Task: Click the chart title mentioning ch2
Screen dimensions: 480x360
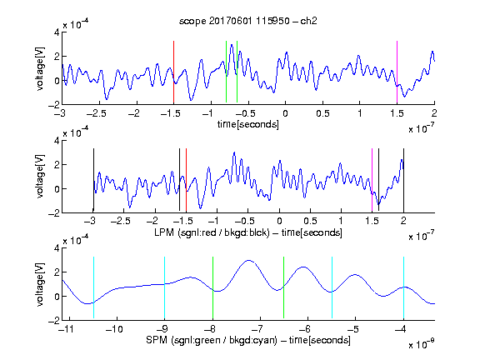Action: point(247,21)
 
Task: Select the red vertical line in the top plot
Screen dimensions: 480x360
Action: point(173,72)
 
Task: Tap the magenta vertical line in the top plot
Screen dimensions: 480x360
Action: point(397,72)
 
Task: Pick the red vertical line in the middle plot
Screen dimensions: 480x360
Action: point(186,180)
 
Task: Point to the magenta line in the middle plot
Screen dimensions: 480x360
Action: point(372,180)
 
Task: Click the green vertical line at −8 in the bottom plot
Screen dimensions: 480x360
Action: point(212,287)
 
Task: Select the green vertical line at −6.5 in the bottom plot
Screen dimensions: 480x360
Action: point(284,287)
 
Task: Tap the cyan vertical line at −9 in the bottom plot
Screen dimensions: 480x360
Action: point(165,287)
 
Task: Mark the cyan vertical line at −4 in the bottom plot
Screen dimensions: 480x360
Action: point(404,287)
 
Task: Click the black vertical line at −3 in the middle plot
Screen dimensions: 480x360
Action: point(93,180)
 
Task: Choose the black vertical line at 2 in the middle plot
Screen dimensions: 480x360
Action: point(404,180)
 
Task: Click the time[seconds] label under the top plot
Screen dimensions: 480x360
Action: point(248,124)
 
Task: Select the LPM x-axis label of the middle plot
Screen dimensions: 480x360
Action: point(248,232)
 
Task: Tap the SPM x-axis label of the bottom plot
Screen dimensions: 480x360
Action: point(248,340)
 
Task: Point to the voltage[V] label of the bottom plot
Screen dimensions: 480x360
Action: point(40,284)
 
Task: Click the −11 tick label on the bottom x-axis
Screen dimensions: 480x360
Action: point(67,329)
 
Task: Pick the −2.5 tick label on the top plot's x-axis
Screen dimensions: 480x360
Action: point(96,113)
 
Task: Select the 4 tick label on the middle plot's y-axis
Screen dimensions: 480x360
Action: point(57,141)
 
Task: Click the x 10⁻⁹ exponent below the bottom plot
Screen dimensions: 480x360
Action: point(422,344)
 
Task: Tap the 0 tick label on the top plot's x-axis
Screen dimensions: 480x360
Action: point(285,113)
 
